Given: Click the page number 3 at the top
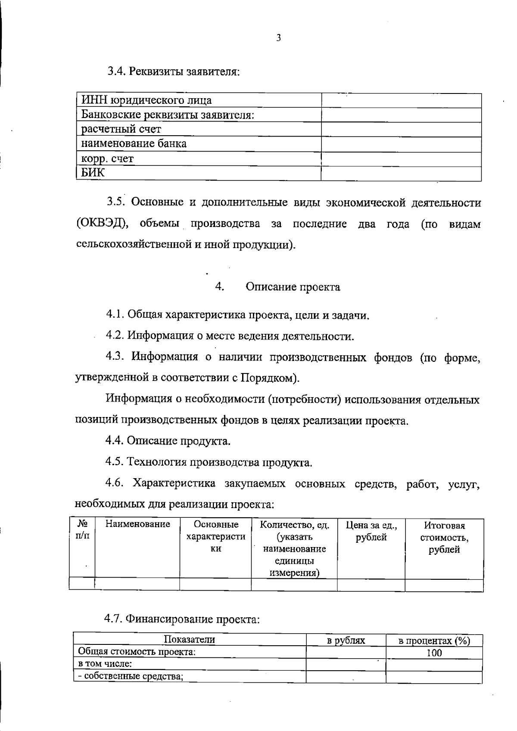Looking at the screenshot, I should click(278, 38).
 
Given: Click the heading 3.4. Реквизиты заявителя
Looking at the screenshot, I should click(173, 71).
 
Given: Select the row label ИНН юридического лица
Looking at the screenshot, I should click(146, 101).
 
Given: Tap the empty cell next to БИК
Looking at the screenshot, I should click(401, 174).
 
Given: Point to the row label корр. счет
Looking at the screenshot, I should click(108, 159).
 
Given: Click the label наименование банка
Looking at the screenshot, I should click(134, 143).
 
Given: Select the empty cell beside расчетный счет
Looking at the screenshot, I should click(401, 129).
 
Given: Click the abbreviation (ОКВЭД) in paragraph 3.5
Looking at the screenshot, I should click(102, 224).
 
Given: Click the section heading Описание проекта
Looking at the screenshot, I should click(293, 287).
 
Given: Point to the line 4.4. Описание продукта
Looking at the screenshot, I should click(168, 441).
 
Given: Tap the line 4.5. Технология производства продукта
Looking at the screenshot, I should click(209, 462).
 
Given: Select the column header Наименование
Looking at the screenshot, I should click(138, 524).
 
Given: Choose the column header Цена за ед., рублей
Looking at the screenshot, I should click(371, 531).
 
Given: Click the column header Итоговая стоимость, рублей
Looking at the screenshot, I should click(444, 537).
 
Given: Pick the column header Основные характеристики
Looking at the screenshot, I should click(215, 536).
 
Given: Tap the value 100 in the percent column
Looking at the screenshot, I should click(434, 653).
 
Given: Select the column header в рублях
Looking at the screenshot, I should click(346, 641).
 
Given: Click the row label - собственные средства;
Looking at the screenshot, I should click(131, 676).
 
